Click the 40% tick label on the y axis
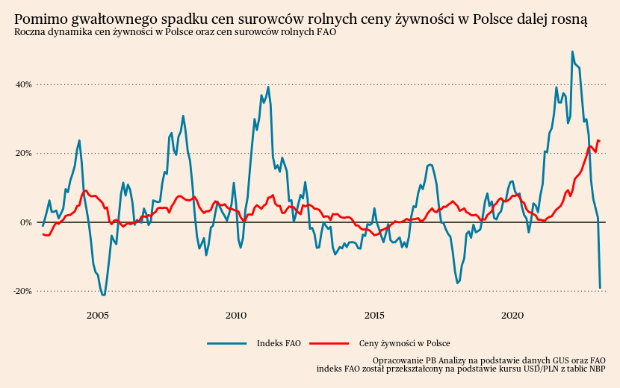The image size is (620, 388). point(23,84)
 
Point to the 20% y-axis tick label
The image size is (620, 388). point(23,153)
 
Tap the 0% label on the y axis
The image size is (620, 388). point(25,222)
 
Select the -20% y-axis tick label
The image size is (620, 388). point(22,291)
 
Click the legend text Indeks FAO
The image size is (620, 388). point(279,343)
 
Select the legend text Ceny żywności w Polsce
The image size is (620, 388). point(404,343)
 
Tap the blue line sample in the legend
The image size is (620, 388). point(227,343)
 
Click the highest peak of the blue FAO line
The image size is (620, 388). point(572,51)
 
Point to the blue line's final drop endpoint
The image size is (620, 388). point(600,288)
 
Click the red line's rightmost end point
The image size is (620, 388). point(599,141)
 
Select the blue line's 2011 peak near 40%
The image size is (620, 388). point(268,87)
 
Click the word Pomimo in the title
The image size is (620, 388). point(37,19)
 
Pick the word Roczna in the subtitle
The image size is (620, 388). point(29,32)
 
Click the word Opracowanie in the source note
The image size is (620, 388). point(397,360)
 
